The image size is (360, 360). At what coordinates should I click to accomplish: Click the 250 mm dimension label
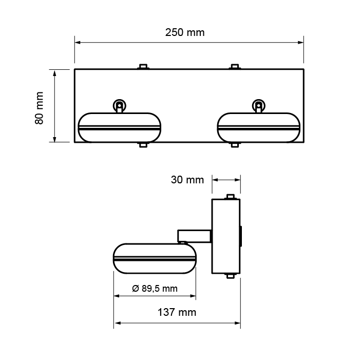(185, 32)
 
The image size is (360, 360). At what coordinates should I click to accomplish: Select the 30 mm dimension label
(187, 180)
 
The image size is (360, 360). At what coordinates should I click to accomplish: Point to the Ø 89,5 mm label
(155, 288)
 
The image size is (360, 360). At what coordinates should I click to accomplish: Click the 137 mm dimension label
(177, 312)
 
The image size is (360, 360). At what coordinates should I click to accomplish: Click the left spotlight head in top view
(119, 127)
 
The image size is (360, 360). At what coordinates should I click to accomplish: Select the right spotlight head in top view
(258, 127)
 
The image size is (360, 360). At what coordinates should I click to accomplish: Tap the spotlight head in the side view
(155, 258)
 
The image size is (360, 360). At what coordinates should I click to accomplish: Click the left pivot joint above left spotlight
(119, 105)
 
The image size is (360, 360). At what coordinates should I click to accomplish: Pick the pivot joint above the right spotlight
(258, 105)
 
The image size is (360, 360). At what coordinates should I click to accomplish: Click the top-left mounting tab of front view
(143, 66)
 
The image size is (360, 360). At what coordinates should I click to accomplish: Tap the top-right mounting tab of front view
(234, 66)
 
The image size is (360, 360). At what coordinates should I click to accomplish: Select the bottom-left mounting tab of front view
(143, 145)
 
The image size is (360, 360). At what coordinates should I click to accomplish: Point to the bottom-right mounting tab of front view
(234, 145)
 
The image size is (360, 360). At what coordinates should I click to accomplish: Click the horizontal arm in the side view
(194, 236)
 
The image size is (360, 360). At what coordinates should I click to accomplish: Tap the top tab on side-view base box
(231, 196)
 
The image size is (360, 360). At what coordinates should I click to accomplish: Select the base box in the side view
(226, 236)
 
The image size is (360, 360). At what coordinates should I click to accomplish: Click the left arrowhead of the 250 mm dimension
(77, 43)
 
